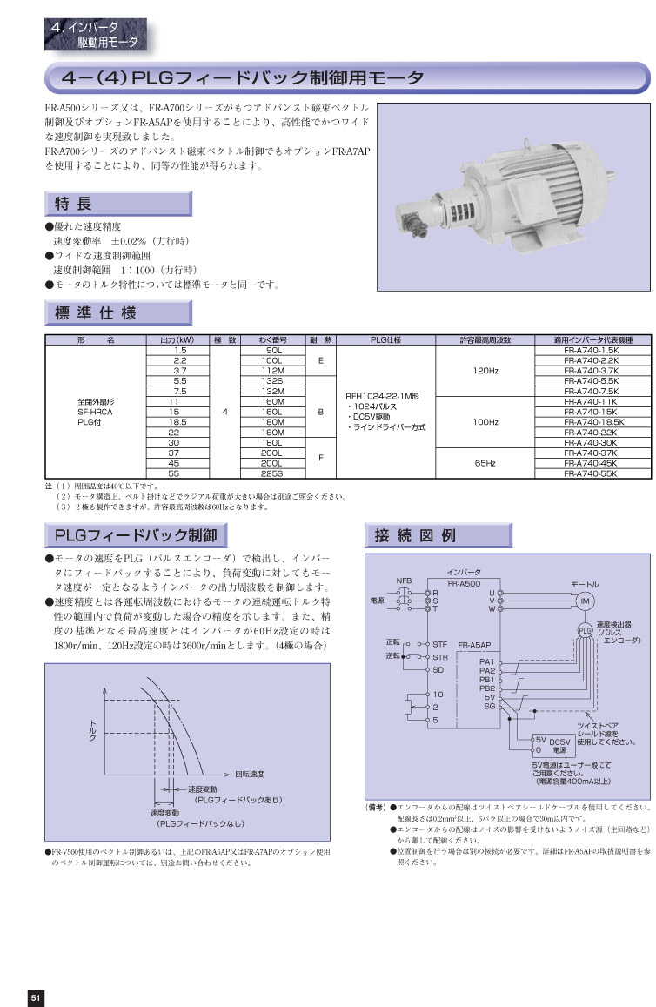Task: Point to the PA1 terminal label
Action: [486, 661]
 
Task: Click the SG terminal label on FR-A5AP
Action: [489, 707]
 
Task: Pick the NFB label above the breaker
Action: [404, 580]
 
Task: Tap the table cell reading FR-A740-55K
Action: [596, 474]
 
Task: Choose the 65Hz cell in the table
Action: [485, 464]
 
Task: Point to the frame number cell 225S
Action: [271, 474]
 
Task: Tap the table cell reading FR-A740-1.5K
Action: [596, 350]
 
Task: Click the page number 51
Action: [36, 997]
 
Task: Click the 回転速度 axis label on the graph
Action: [250, 774]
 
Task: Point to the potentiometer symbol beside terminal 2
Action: [410, 707]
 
